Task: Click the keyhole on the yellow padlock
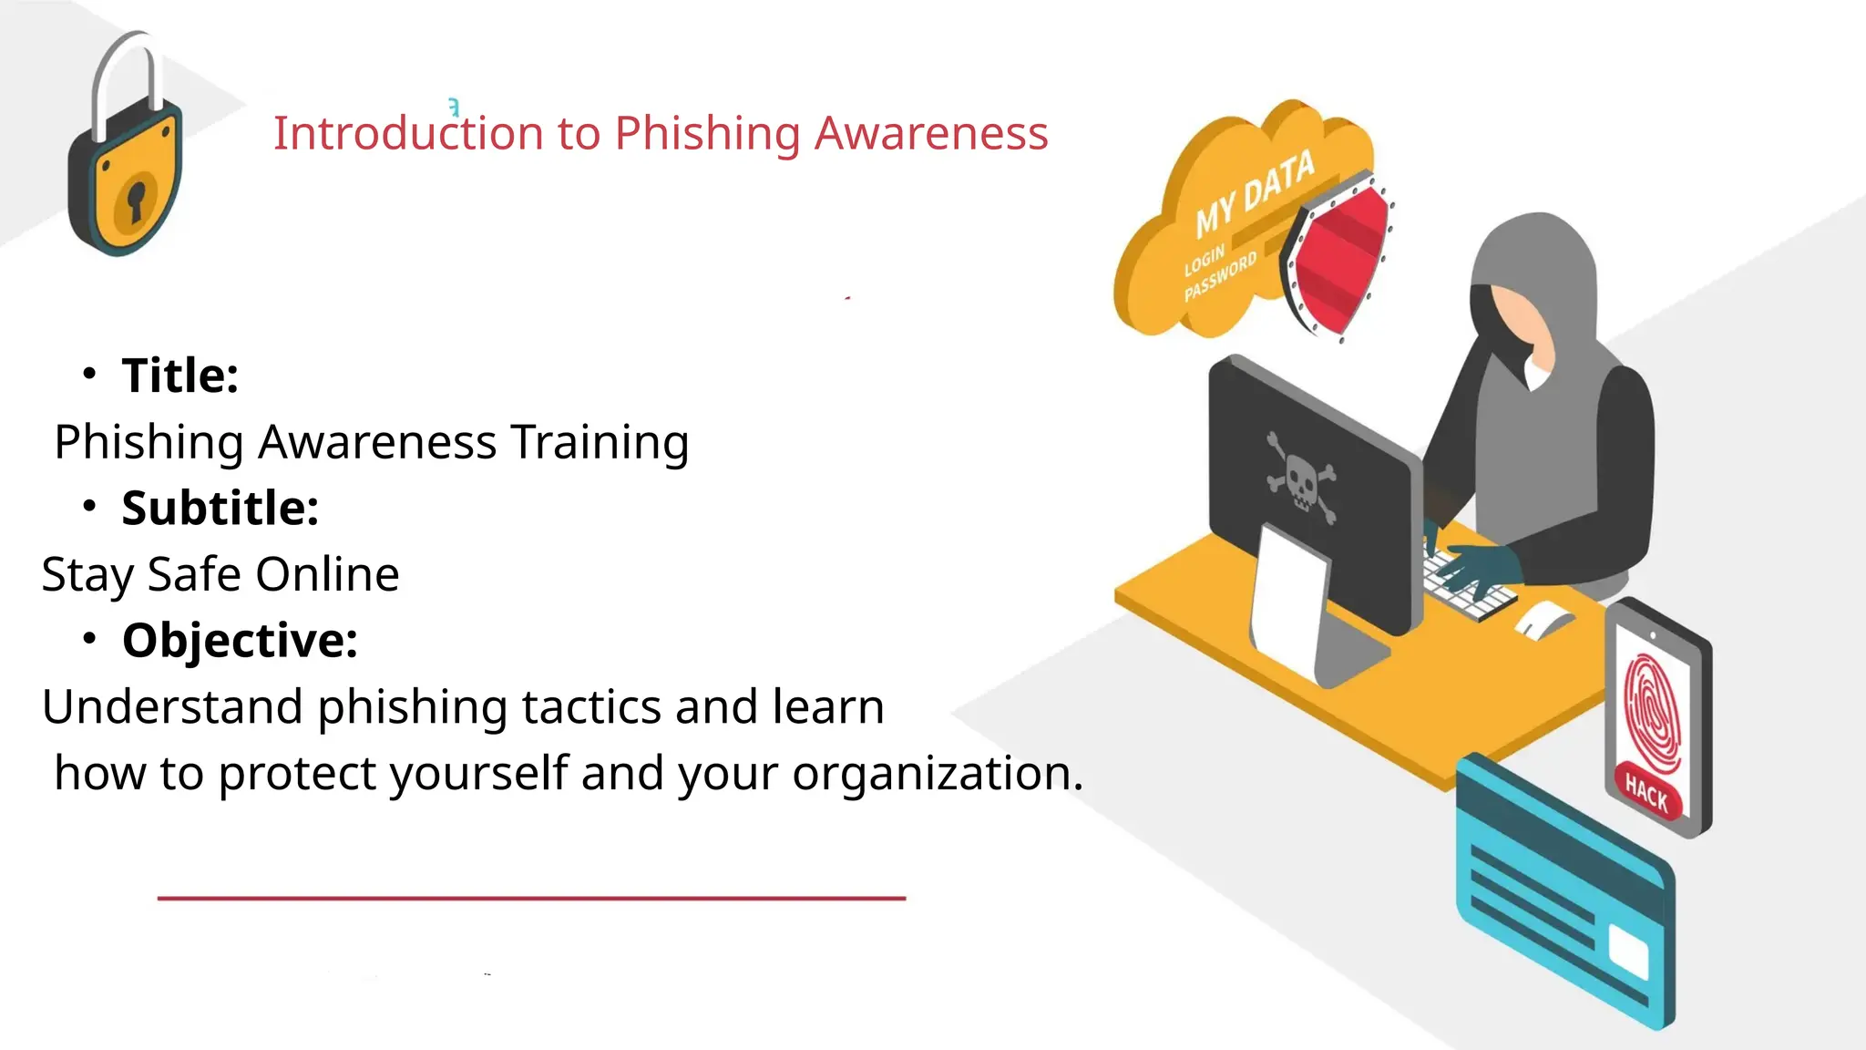[x=136, y=201]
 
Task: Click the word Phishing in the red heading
[x=707, y=134]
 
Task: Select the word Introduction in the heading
[x=408, y=134]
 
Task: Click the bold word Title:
[x=180, y=376]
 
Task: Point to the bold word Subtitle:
[x=220, y=508]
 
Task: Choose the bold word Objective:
[x=240, y=640]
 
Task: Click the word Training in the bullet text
[x=600, y=442]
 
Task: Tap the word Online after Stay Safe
[x=327, y=574]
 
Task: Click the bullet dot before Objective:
[x=88, y=638]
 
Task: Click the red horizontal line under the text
[x=531, y=898]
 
